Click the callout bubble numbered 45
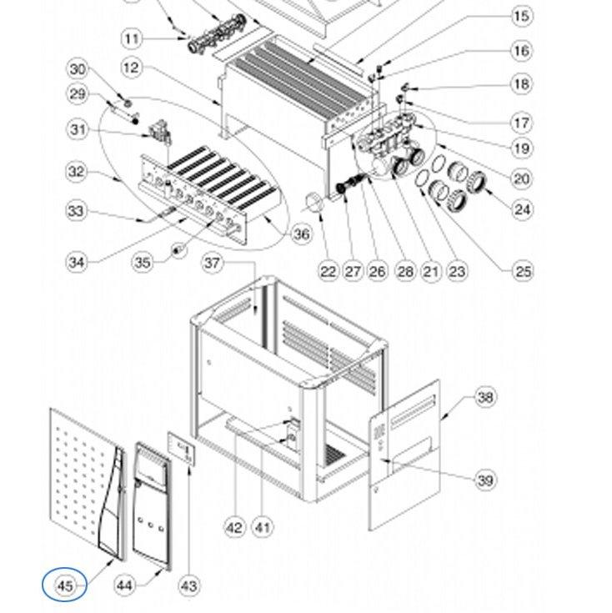point(64,585)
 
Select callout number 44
point(123,585)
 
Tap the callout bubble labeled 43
point(188,585)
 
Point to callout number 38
point(485,397)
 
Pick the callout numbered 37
point(214,264)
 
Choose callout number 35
point(143,264)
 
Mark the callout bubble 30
point(78,68)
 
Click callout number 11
point(131,38)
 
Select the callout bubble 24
point(522,209)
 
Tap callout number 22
point(329,270)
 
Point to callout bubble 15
point(521,16)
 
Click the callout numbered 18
point(521,84)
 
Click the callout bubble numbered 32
point(78,173)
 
